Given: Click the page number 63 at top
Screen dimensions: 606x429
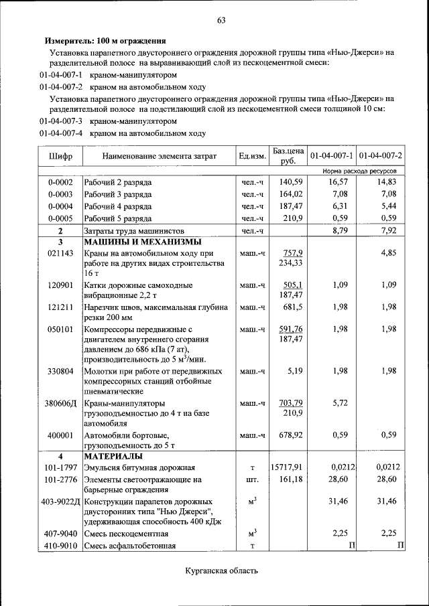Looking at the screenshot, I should click(221, 20).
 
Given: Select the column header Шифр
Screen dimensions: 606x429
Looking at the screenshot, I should click(60, 156).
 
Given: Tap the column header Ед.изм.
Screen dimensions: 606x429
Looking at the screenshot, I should click(252, 156).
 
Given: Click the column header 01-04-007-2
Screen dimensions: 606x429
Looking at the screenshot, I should click(381, 156).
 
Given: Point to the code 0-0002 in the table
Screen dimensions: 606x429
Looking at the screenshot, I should click(60, 182).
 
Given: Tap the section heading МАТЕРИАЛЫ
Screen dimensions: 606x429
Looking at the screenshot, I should click(111, 456).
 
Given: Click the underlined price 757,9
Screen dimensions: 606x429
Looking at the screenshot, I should click(293, 253).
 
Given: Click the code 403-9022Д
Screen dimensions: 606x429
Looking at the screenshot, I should click(60, 502).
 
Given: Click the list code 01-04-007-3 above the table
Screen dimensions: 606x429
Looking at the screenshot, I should click(60, 121).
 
